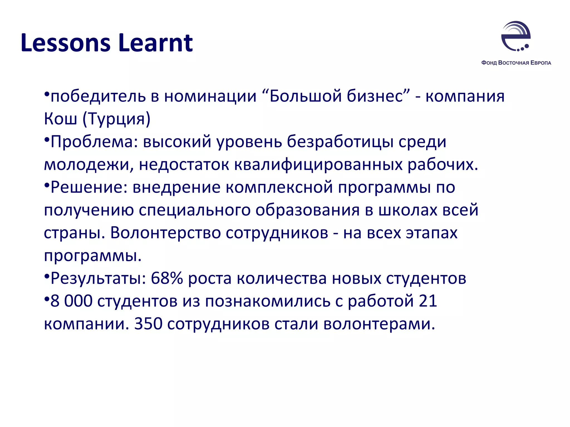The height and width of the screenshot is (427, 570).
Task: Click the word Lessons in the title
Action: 65,43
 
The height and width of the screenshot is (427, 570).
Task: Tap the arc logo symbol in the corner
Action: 516,36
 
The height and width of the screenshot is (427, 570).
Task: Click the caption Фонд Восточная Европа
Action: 516,63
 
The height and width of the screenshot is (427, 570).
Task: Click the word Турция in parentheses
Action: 116,119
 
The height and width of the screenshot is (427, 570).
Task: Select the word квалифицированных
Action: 318,165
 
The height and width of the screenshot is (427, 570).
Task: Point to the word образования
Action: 308,210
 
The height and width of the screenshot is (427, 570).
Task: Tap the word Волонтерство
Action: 166,233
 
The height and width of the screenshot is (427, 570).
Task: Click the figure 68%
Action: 167,279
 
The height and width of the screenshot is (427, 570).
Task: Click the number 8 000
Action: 71,302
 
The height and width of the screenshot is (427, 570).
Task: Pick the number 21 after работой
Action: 428,302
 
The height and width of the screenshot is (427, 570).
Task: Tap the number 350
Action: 148,324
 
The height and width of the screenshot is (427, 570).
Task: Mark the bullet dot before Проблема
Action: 47,139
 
